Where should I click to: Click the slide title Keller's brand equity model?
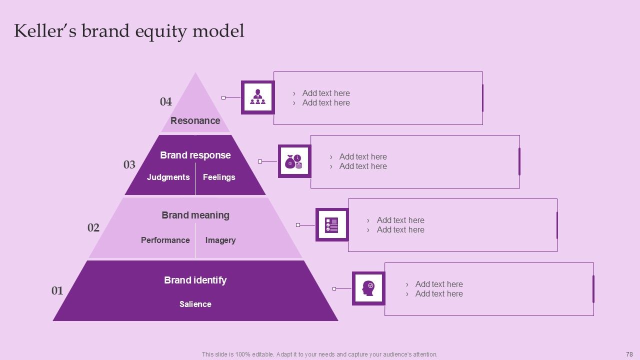click(x=129, y=31)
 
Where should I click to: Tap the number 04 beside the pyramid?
click(x=165, y=102)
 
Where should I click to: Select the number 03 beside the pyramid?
click(x=129, y=165)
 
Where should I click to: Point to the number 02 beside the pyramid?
click(x=93, y=228)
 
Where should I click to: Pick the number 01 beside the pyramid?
click(x=57, y=290)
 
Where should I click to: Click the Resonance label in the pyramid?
click(x=195, y=120)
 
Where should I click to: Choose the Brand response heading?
click(x=195, y=155)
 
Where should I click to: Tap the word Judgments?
click(x=168, y=177)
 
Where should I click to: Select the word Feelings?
click(x=219, y=177)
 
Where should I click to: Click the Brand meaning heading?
click(x=195, y=215)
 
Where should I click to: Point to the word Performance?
click(x=165, y=240)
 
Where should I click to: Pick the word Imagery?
click(x=220, y=240)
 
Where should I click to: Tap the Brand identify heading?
click(x=195, y=280)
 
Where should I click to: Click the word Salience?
click(x=195, y=304)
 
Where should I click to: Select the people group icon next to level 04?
click(x=258, y=97)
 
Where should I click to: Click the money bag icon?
click(x=294, y=161)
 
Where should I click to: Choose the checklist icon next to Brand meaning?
click(x=332, y=225)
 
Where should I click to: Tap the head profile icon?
click(x=368, y=288)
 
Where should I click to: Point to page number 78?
click(x=629, y=354)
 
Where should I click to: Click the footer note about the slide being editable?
click(x=319, y=354)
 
